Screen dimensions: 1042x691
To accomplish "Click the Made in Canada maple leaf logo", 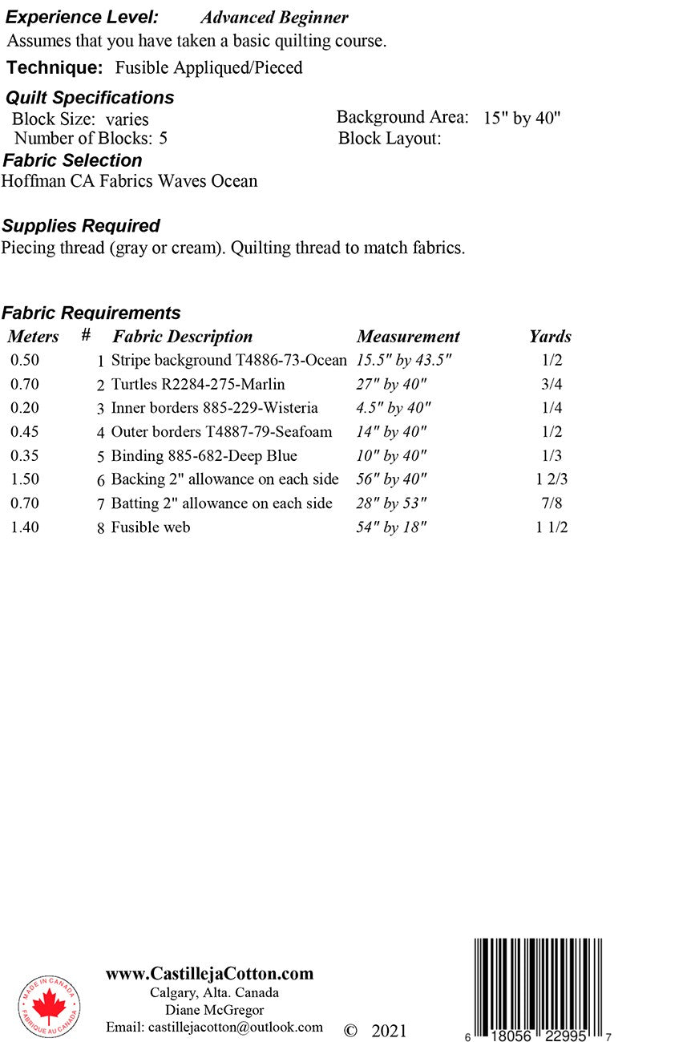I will pos(49,1007).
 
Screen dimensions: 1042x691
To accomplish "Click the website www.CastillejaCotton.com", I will pos(209,974).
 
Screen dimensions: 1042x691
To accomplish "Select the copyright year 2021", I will pos(389,1031).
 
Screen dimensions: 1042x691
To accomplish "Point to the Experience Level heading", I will pos(82,18).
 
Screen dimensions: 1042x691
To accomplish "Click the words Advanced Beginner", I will pos(274,18).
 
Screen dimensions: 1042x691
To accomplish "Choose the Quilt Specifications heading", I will pos(90,98).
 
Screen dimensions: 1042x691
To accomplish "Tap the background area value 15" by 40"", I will pos(522,119).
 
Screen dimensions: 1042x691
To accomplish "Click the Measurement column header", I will pos(408,337).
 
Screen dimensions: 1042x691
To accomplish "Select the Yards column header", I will pos(550,337).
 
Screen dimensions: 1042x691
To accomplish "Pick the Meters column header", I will pos(33,337).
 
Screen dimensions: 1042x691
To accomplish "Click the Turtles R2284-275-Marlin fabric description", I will pos(198,385).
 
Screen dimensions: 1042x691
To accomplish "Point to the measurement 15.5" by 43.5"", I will pos(404,361).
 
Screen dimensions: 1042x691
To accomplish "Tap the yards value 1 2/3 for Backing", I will pos(552,480).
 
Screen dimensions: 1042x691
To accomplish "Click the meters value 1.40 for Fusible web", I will pos(25,527).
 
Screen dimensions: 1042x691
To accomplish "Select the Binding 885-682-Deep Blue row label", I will pos(204,456).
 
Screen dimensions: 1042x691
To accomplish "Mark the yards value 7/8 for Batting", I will pos(552,504).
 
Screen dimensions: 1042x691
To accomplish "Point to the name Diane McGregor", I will pos(214,1010).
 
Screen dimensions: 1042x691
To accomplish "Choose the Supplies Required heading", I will pos(81,226).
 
